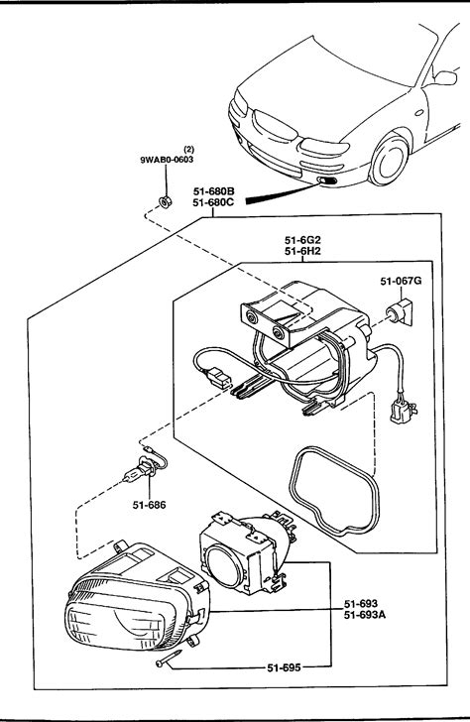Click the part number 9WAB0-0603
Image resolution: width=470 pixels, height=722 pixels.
pyautogui.click(x=167, y=160)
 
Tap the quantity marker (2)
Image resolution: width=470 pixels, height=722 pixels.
pyautogui.click(x=188, y=149)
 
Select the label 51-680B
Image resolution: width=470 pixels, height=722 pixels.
pyautogui.click(x=213, y=191)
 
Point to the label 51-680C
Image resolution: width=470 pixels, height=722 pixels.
pyautogui.click(x=213, y=201)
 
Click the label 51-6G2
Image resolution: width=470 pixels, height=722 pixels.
pyautogui.click(x=302, y=240)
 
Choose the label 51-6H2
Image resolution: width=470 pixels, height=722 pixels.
pyautogui.click(x=302, y=251)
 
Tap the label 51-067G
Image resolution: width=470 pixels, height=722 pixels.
pyautogui.click(x=401, y=281)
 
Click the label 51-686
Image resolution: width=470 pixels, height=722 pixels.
pyautogui.click(x=149, y=505)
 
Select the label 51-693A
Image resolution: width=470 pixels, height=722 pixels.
pyautogui.click(x=365, y=614)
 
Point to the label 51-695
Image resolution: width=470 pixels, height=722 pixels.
pyautogui.click(x=284, y=667)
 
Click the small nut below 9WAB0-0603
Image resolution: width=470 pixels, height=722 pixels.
pyautogui.click(x=165, y=201)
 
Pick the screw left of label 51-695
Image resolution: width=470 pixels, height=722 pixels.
pyautogui.click(x=169, y=658)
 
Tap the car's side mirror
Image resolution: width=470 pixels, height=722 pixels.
pyautogui.click(x=444, y=77)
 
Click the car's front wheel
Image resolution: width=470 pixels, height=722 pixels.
pyautogui.click(x=389, y=160)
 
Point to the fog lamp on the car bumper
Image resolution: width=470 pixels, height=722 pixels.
pyautogui.click(x=328, y=180)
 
